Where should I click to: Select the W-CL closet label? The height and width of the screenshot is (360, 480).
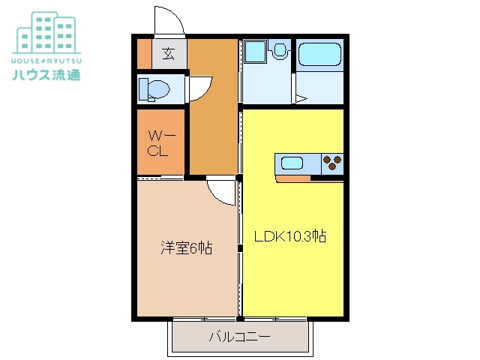160,143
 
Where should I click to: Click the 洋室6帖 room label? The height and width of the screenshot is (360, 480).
186,247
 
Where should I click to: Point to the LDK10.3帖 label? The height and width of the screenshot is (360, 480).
289,237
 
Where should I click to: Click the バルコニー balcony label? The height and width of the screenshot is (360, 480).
239,337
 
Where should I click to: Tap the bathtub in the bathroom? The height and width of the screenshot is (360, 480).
319,55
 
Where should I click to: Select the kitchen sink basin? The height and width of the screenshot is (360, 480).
291,162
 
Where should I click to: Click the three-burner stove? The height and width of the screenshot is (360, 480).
331,162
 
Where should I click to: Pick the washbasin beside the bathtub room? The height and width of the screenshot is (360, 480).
280,51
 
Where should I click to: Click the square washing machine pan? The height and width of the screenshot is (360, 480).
256,52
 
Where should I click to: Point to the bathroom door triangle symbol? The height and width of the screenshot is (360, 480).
300,97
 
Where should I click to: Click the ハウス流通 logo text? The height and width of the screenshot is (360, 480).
46,74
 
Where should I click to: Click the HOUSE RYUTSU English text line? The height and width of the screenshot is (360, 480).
46,59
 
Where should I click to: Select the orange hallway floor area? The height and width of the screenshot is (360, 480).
211,112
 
